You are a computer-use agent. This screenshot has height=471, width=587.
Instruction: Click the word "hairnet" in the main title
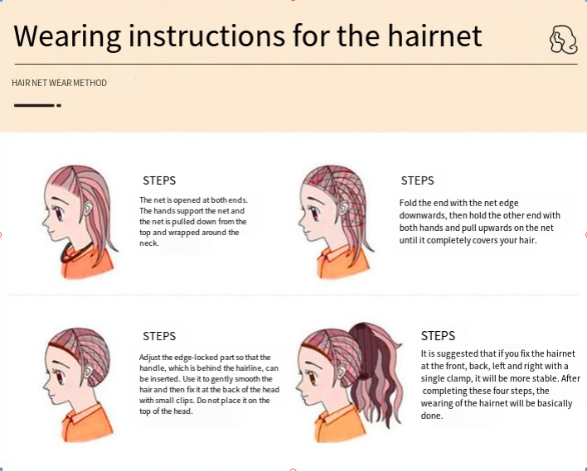(x=434, y=36)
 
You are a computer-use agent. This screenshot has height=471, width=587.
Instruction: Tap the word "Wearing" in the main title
(x=67, y=36)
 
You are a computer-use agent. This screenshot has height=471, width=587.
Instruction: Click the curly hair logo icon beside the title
(x=563, y=40)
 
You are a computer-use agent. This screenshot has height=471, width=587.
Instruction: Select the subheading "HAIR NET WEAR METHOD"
(x=59, y=83)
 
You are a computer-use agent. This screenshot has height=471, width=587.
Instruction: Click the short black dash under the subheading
(x=37, y=105)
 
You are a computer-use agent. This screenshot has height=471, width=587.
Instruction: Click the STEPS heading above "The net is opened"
(x=159, y=180)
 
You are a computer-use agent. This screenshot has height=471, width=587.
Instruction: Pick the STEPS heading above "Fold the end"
(x=417, y=180)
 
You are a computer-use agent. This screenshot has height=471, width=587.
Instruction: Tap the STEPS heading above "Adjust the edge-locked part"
(x=159, y=336)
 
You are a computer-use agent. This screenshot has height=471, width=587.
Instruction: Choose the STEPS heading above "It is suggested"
(x=438, y=336)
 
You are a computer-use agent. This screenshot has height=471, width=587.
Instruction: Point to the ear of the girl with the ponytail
(x=341, y=372)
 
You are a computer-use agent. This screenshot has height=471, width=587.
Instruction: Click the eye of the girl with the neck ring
(x=59, y=214)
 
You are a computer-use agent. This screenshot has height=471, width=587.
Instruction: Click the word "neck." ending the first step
(x=149, y=243)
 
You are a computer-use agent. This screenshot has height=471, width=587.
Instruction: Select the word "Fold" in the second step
(x=407, y=203)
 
